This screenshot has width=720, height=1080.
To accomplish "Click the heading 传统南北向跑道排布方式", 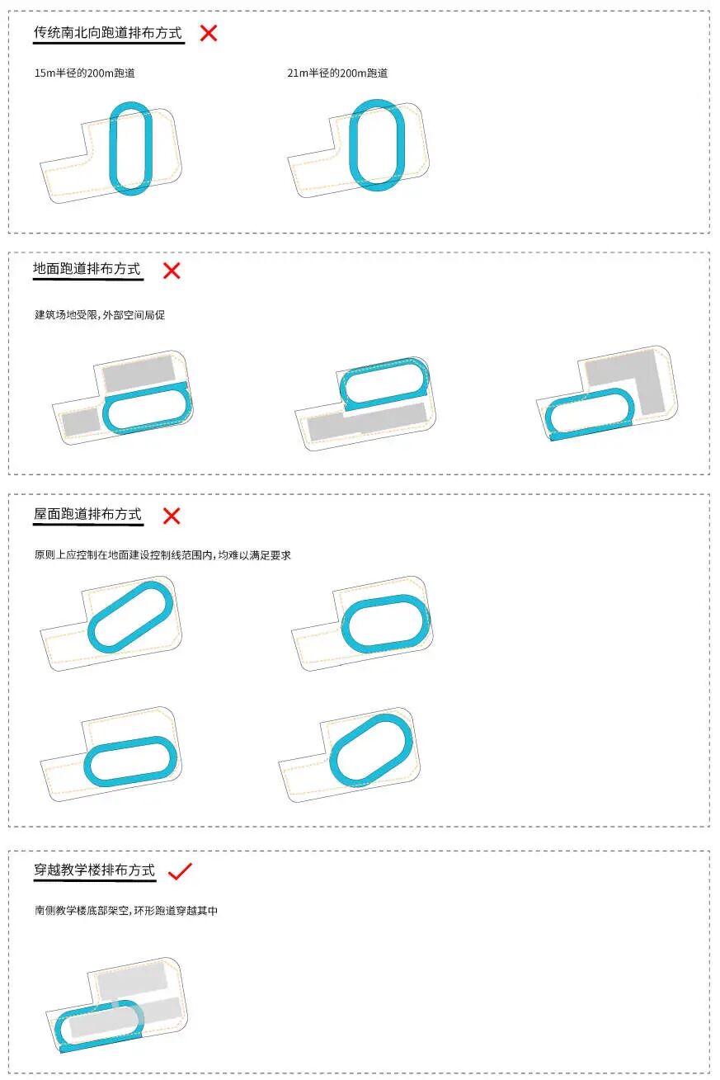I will point(107,33).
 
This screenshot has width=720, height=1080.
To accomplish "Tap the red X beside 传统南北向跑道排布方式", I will point(209,33).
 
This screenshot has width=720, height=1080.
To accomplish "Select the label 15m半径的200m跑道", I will point(84,73).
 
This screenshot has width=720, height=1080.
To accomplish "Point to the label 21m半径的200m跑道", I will point(337,73).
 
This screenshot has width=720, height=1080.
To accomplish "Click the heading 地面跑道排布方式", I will point(87,269).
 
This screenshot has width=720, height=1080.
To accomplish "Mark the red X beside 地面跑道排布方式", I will point(172,270).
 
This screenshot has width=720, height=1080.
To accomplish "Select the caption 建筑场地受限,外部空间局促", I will point(100,315).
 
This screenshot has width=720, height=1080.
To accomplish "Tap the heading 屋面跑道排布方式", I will point(87,514).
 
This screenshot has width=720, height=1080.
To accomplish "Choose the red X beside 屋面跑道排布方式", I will point(172,516).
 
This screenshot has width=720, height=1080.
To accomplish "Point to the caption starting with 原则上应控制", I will point(162,555).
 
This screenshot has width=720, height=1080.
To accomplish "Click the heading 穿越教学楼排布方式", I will point(94,870).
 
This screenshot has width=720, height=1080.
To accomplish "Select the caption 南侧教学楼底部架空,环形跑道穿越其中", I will point(126,911).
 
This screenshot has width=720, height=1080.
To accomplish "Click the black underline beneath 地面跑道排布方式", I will point(88,280).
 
